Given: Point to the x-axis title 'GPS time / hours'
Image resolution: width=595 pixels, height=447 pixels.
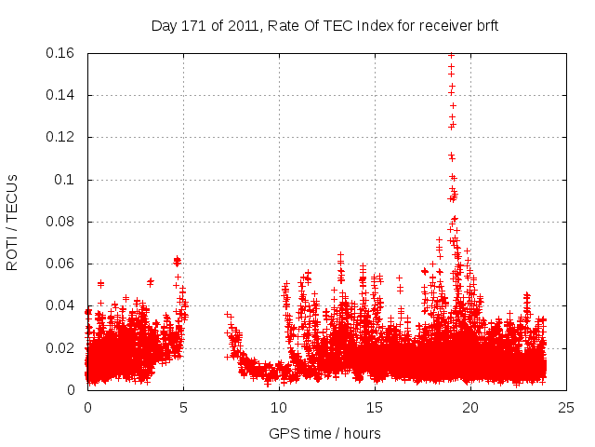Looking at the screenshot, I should [324, 433].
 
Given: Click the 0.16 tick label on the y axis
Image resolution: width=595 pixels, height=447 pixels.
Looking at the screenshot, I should [61, 53].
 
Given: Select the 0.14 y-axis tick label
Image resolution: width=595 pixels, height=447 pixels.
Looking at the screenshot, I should [61, 95].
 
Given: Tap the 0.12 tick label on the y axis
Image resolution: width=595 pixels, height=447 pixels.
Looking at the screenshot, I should [61, 137].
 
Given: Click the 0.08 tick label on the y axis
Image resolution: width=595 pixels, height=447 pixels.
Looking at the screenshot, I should [61, 222].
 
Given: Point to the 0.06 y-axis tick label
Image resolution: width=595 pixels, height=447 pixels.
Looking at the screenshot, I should [61, 264].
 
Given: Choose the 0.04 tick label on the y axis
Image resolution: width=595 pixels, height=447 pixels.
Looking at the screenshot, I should [61, 305].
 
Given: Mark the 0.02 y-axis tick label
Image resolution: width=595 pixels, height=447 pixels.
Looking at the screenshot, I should [61, 348].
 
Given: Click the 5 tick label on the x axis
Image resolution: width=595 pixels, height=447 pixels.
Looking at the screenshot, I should [183, 407].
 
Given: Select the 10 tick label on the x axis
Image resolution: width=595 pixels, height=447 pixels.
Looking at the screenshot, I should [279, 407].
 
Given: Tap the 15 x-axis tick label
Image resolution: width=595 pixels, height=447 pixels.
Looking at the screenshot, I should [375, 407].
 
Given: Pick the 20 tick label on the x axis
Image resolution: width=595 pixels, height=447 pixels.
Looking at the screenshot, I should [470, 407].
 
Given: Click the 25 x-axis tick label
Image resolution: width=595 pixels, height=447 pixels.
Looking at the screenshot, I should [566, 407].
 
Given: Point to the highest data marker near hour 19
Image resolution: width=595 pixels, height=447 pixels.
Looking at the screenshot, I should [451, 54].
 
